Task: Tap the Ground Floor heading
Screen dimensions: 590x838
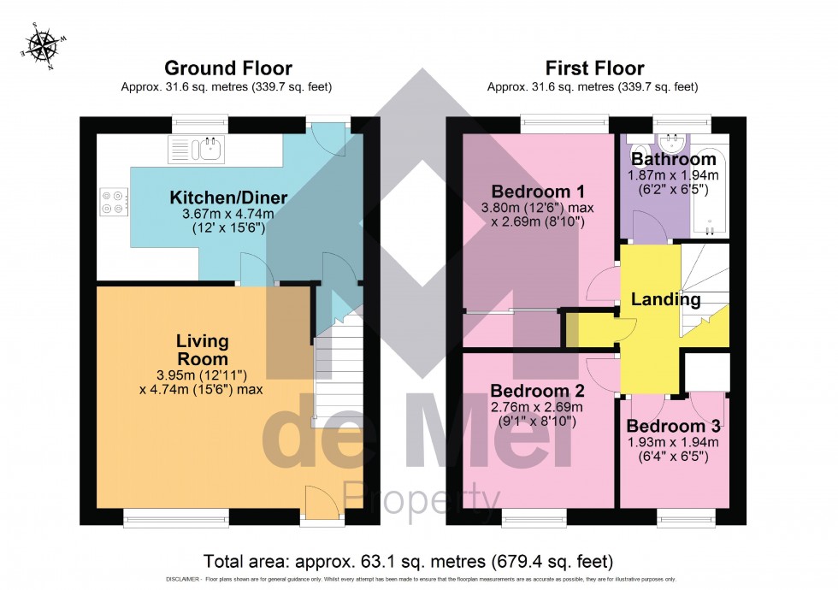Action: tap(227, 68)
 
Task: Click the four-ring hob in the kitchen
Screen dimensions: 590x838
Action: tap(113, 202)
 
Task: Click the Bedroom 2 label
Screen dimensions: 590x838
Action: tap(537, 391)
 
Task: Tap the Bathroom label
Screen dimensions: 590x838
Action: tap(673, 159)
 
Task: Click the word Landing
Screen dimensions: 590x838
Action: tap(665, 300)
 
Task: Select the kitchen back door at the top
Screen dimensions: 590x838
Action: tap(328, 135)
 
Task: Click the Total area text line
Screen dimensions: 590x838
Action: tap(408, 562)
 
